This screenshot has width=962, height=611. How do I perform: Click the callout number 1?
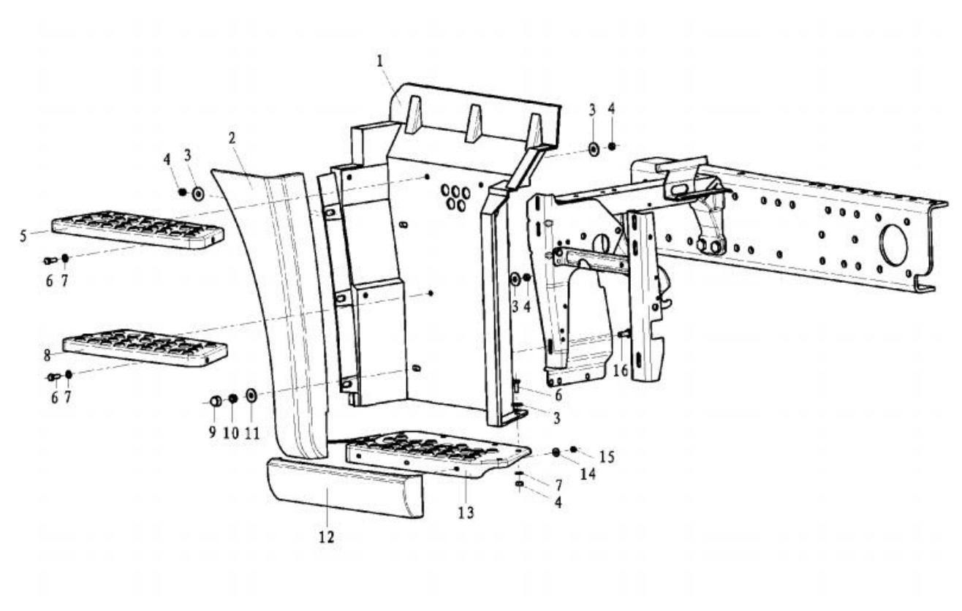(x=380, y=61)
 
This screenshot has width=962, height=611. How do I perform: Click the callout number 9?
(x=212, y=433)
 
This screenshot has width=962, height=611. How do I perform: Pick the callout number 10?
(x=231, y=433)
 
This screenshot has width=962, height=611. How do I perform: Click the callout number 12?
(x=327, y=537)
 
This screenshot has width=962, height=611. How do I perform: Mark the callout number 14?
(x=588, y=474)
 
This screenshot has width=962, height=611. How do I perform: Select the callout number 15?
(x=606, y=457)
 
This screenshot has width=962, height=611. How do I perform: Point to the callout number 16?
(x=620, y=370)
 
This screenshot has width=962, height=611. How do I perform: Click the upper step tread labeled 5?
(x=137, y=227)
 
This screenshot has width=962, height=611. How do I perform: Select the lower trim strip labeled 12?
(x=344, y=487)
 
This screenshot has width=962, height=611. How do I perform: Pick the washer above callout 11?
(x=251, y=395)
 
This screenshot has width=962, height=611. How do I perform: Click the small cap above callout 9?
(x=216, y=401)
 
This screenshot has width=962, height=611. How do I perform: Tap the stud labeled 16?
(x=624, y=334)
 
